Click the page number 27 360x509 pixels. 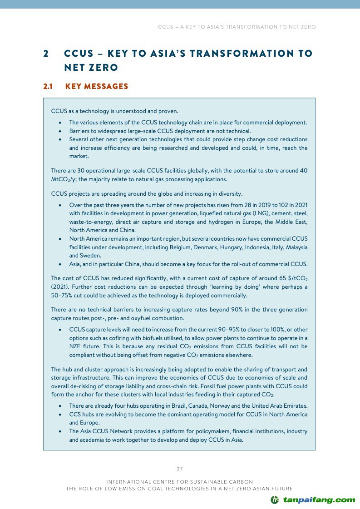179,469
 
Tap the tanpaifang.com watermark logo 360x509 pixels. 313,500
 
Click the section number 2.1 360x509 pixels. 48,86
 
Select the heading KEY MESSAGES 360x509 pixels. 97,86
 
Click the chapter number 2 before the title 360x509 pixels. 46,54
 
